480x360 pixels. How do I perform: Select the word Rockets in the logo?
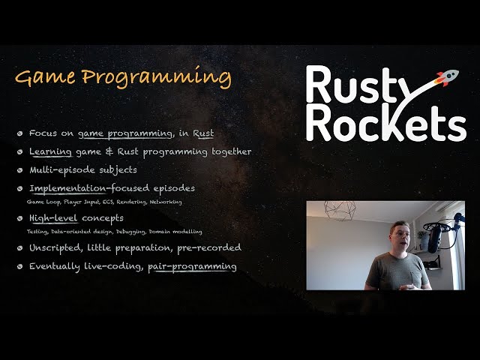385,124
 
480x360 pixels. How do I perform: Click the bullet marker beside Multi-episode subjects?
19,170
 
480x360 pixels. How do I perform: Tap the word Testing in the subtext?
37,231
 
